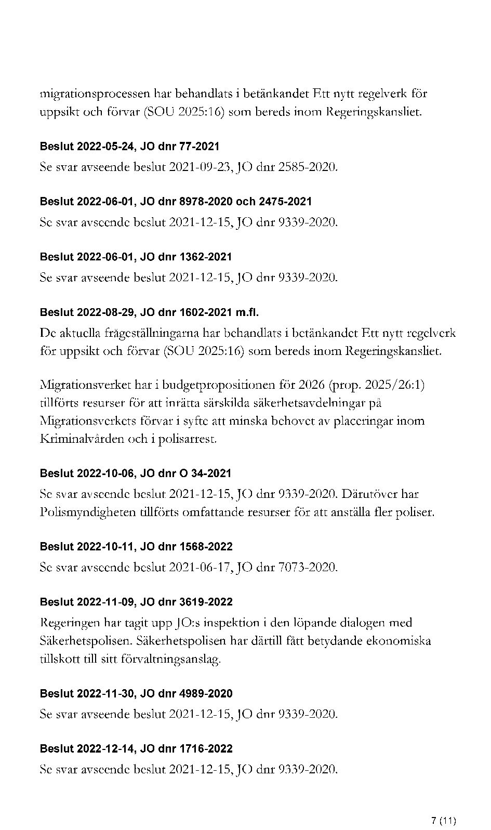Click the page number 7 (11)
point(443,807)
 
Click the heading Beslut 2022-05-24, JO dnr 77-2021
point(129,147)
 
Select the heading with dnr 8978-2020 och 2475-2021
point(176,202)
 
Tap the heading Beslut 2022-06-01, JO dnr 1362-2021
point(136,257)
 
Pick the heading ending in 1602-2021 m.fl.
point(149,312)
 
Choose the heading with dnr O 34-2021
point(135,473)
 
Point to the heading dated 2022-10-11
point(136,547)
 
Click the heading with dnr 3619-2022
point(136,602)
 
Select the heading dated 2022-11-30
point(136,693)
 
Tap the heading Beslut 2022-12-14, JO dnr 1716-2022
point(136,748)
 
